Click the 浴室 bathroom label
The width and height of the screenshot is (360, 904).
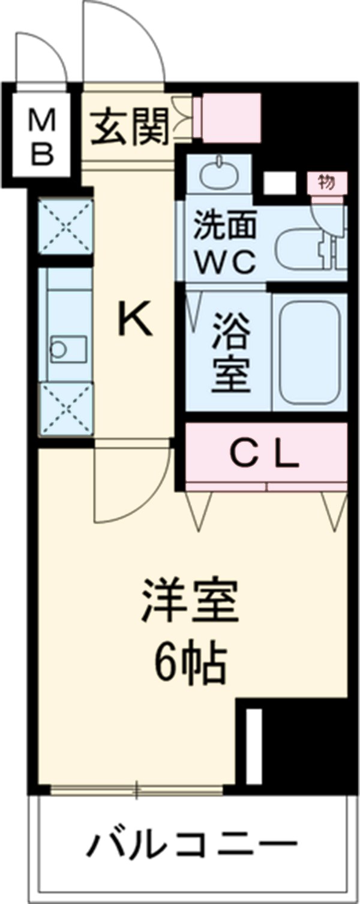(x=230, y=360)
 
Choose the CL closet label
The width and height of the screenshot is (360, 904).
(x=265, y=456)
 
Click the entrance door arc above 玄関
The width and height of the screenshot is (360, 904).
(x=123, y=45)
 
